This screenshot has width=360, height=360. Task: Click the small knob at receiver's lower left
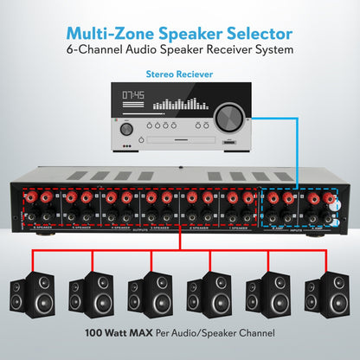pyautogui.click(x=127, y=129)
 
